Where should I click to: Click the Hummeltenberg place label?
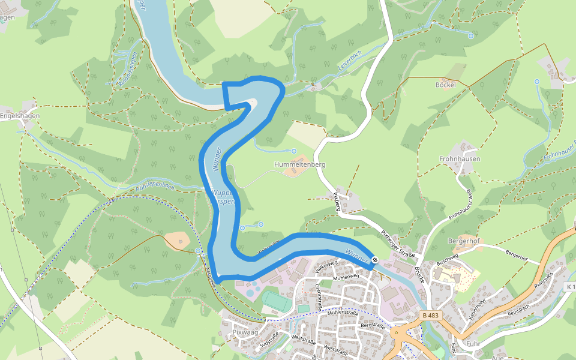pyautogui.click(x=299, y=164)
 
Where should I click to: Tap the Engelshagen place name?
pyautogui.click(x=19, y=116)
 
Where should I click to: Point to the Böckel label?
pyautogui.click(x=445, y=85)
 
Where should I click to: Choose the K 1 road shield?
pyautogui.click(x=571, y=287)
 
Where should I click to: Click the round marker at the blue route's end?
pyautogui.click(x=374, y=259)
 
